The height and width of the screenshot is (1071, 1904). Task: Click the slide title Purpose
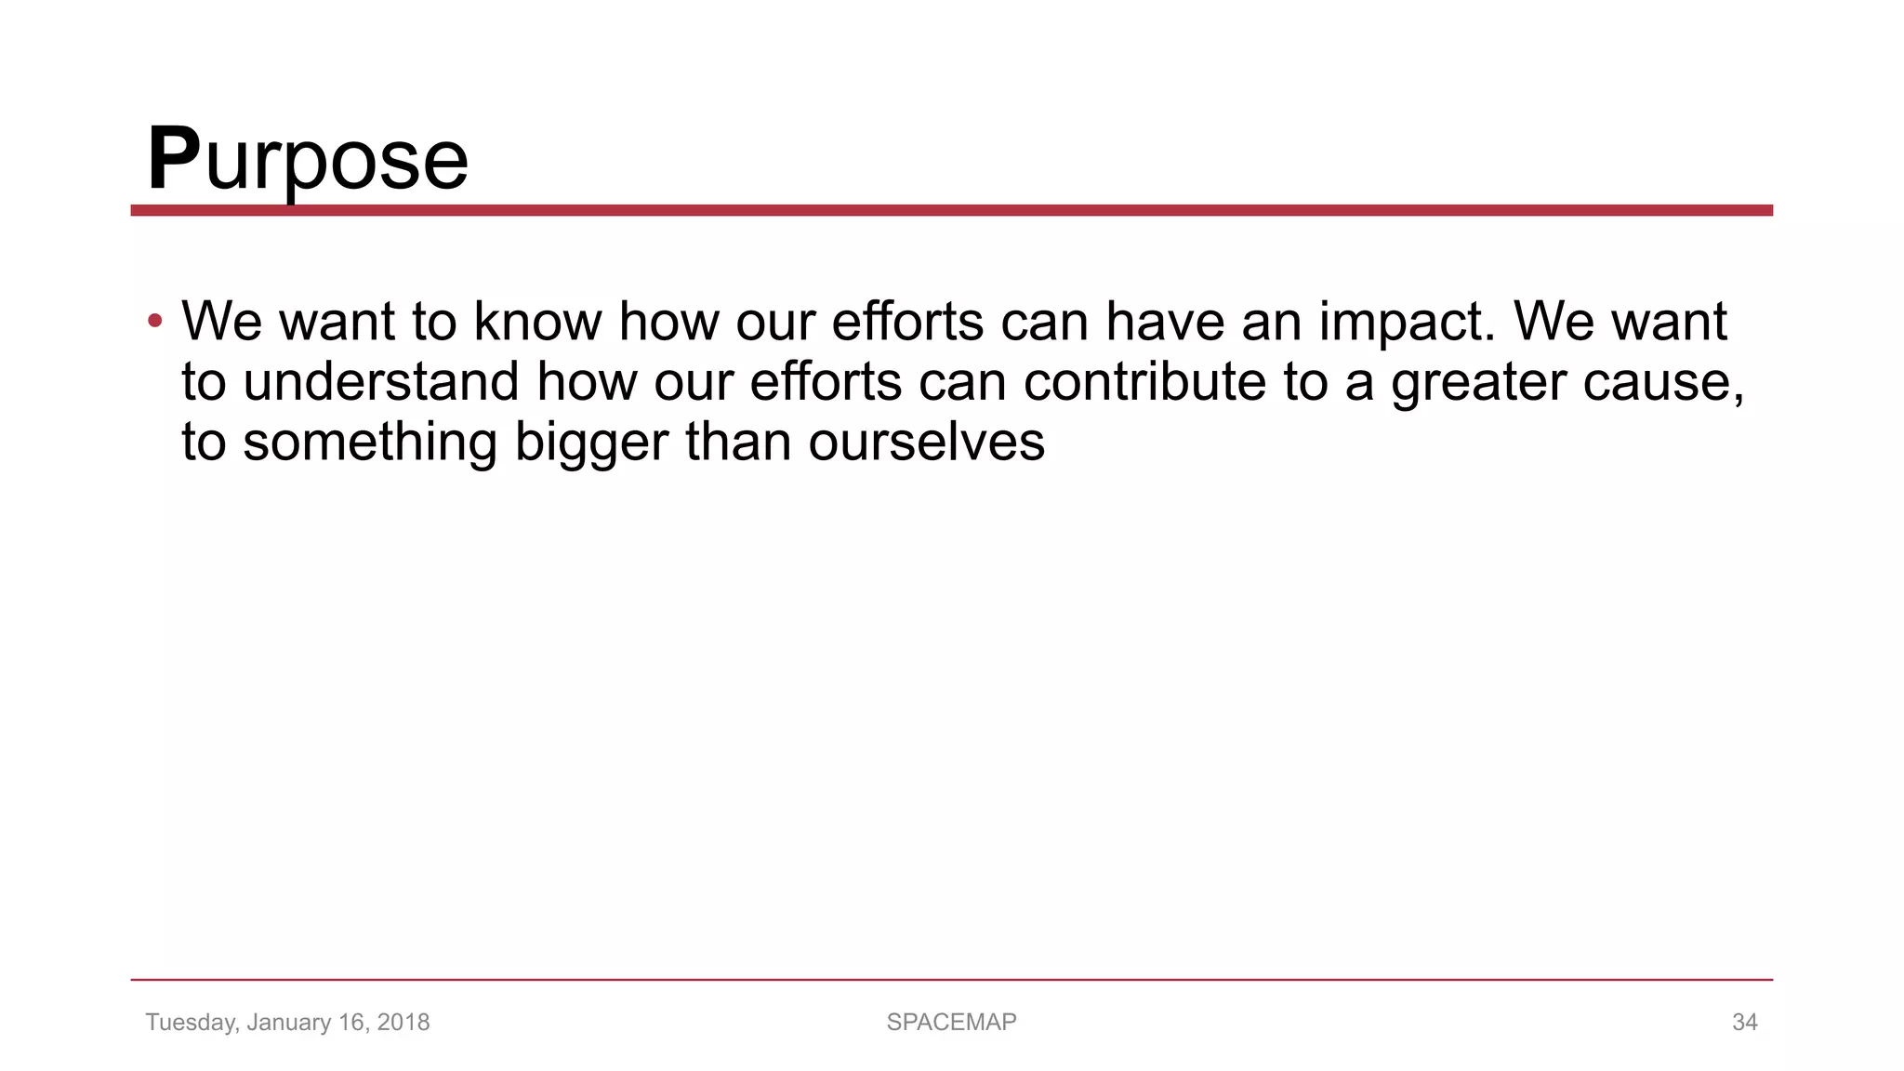click(308, 160)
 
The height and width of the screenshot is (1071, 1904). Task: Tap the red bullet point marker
click(154, 322)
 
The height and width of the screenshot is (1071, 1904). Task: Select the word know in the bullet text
click(537, 322)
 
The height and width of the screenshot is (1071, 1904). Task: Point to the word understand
click(380, 382)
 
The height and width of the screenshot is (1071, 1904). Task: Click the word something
click(370, 443)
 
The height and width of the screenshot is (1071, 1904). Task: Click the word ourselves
click(926, 443)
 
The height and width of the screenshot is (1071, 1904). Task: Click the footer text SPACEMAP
click(951, 1022)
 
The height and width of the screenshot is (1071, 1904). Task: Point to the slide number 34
click(1744, 1022)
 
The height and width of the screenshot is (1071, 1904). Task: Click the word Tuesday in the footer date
click(191, 1023)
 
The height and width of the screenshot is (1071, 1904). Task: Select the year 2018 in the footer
click(403, 1022)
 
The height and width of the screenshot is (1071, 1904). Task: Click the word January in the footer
click(288, 1023)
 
